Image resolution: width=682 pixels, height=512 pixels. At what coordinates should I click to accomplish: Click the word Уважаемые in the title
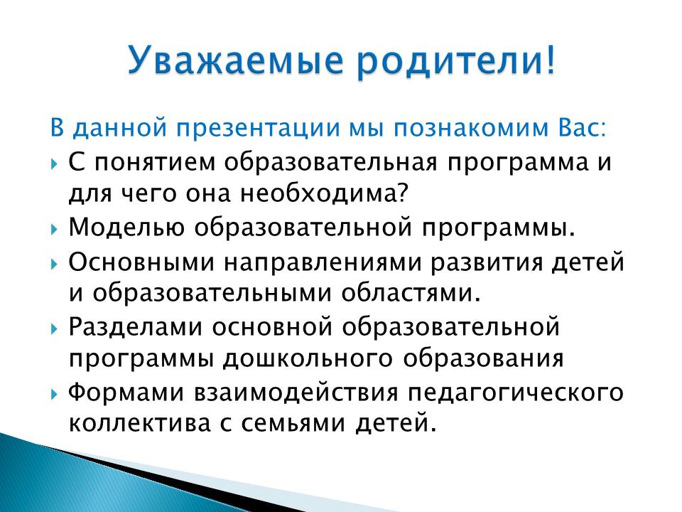[x=236, y=60]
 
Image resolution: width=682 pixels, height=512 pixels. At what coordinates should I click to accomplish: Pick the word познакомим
[x=472, y=128]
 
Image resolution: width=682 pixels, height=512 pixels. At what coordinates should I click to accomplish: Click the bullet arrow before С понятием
[x=54, y=164]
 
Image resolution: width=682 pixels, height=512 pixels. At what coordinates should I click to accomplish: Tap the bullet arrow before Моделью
[x=54, y=228]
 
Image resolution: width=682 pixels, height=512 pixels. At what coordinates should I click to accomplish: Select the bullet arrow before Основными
[x=54, y=264]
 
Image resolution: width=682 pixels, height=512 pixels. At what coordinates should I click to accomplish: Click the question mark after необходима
[x=404, y=193]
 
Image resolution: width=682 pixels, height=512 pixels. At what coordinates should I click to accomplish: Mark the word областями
[x=412, y=294]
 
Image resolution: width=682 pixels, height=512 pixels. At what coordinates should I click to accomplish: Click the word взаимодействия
[x=296, y=393]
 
